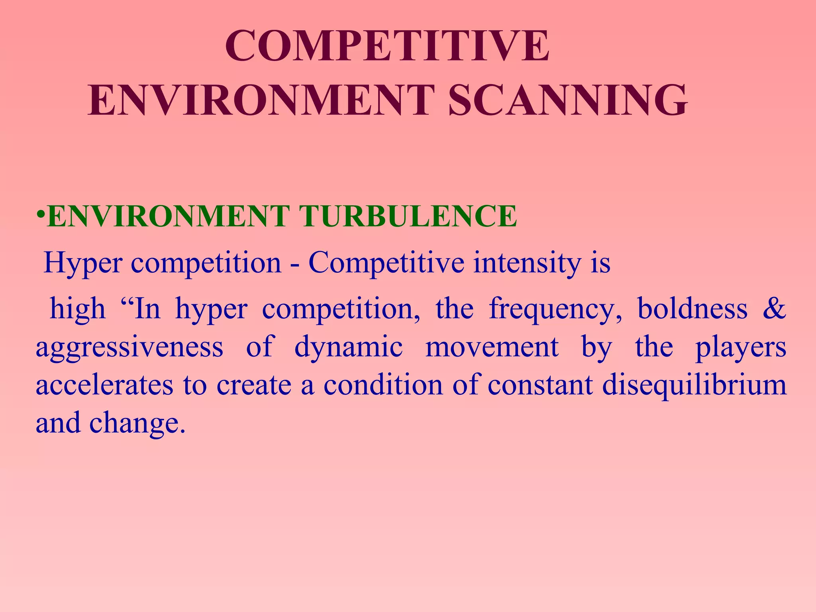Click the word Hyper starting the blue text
[82, 263]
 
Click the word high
[78, 309]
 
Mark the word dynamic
[349, 347]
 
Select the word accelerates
[104, 385]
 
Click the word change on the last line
[137, 423]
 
